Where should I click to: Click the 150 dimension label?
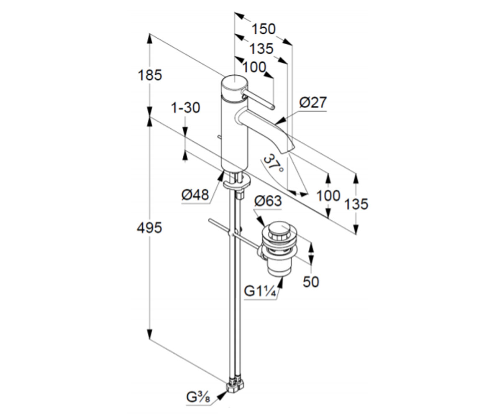coord(264,29)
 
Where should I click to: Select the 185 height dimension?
coord(150,75)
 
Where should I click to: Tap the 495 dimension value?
coord(149,227)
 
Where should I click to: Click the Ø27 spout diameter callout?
coord(313,102)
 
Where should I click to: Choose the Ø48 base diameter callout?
coord(195,194)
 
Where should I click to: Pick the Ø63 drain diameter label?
coord(268,201)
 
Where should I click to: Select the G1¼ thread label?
coord(260,291)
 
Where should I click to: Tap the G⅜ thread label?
coord(198,398)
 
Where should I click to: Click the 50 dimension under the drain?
coord(311,282)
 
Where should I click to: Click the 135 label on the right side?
coord(356,204)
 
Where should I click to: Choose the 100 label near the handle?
coord(254,67)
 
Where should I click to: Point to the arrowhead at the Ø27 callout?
coord(281,120)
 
